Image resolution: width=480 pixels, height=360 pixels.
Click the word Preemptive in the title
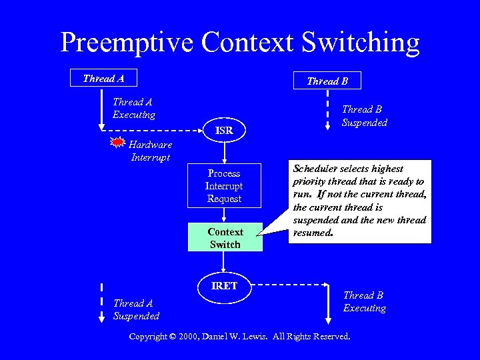click(127, 43)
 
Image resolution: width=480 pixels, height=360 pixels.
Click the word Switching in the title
click(361, 43)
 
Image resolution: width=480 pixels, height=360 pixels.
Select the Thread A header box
click(103, 79)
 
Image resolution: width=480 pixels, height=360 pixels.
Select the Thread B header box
click(327, 81)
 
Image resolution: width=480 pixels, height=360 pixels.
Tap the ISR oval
click(225, 131)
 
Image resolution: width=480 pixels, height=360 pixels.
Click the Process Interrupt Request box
click(224, 186)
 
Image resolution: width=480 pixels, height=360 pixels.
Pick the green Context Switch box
click(225, 238)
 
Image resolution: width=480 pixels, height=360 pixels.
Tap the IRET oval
click(225, 285)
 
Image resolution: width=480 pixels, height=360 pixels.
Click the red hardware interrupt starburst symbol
click(117, 143)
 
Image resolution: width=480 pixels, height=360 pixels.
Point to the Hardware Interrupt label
click(151, 151)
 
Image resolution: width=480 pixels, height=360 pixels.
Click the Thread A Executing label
click(133, 109)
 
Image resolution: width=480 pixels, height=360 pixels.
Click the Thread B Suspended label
click(364, 116)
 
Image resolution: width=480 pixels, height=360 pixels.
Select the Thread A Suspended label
click(136, 309)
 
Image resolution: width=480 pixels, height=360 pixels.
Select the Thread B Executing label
click(364, 302)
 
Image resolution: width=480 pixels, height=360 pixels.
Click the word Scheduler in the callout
click(314, 169)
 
